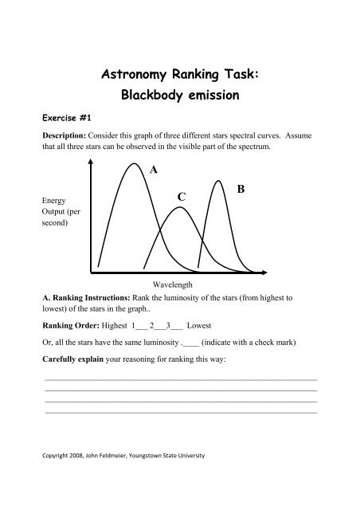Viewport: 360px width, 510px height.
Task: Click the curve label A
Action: pyautogui.click(x=153, y=170)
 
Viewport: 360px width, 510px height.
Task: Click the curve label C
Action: pyautogui.click(x=182, y=196)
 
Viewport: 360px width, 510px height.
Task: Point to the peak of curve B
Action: pyautogui.click(x=219, y=182)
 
